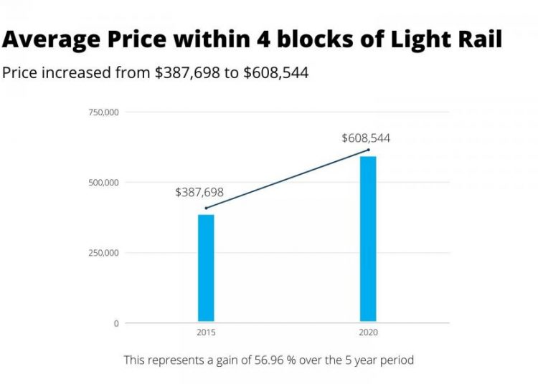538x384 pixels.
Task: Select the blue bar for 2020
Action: (x=368, y=238)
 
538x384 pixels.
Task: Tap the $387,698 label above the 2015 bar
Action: (x=199, y=192)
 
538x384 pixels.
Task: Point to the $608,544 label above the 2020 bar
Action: (x=366, y=138)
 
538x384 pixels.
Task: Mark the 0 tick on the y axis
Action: (x=116, y=323)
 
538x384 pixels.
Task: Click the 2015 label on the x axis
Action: (x=206, y=333)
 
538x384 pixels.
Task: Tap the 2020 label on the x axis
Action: (x=368, y=333)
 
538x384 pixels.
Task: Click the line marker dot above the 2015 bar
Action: (x=207, y=208)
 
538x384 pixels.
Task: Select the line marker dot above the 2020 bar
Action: (x=368, y=150)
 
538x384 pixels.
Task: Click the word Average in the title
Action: (x=49, y=39)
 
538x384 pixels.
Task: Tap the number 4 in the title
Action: (x=259, y=39)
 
